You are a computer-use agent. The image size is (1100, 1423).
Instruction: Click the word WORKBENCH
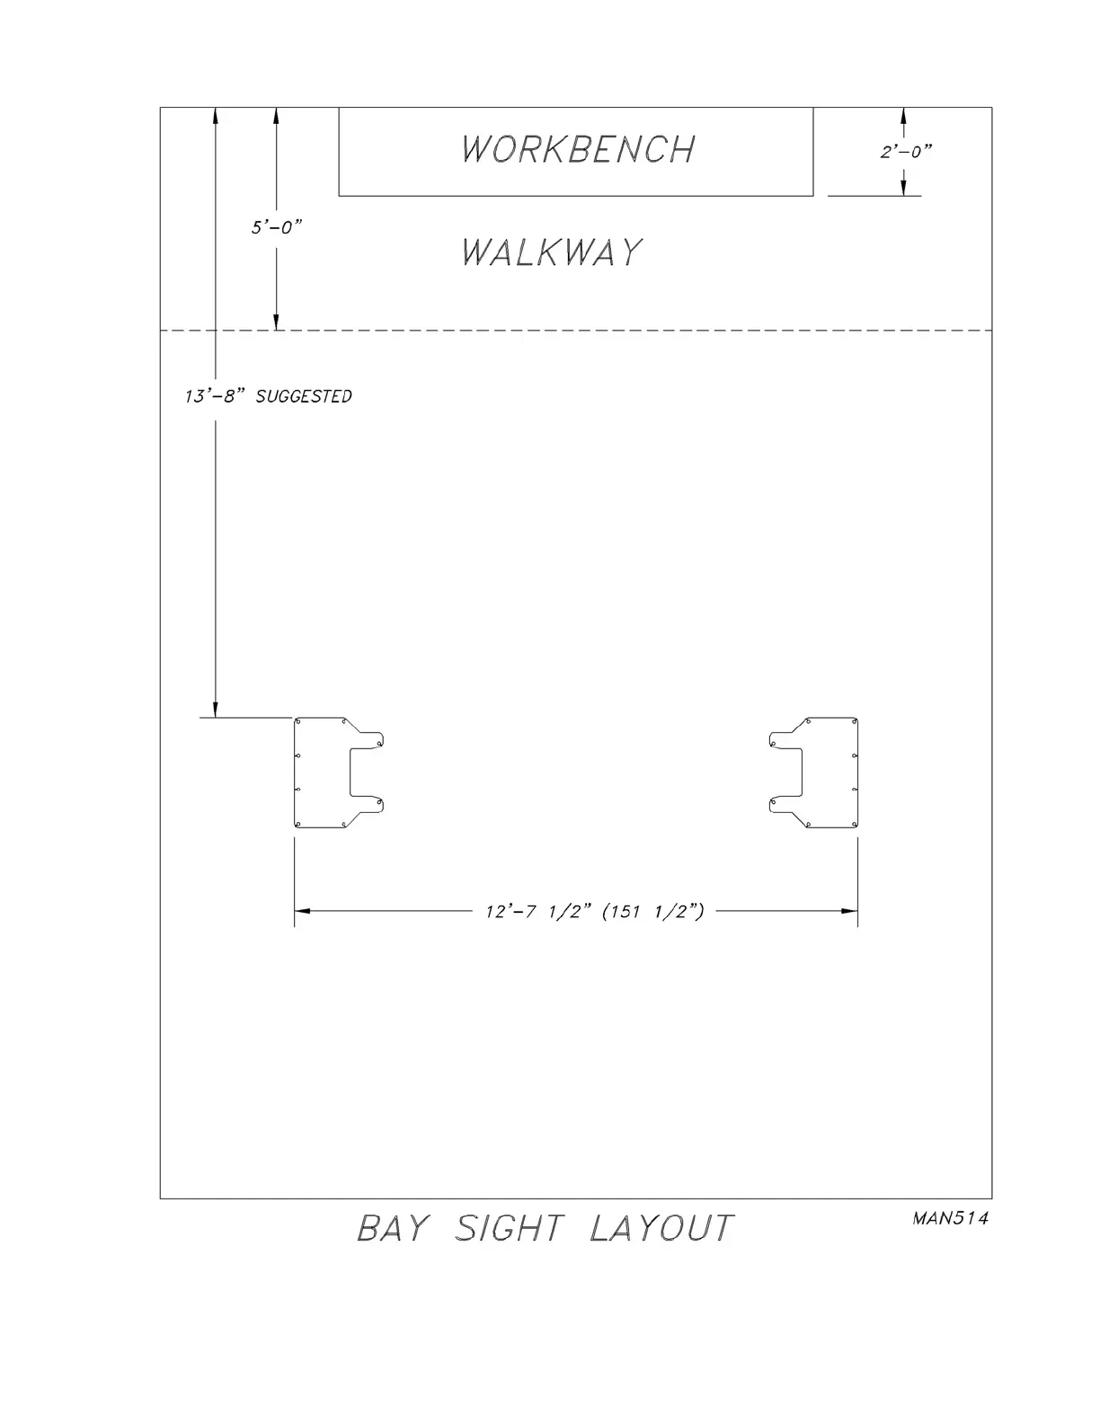tap(578, 149)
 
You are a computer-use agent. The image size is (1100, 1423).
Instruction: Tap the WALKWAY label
tap(552, 252)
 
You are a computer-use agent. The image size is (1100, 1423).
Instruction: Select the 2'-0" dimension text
tap(906, 152)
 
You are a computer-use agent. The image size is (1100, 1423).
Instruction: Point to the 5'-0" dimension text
tap(276, 227)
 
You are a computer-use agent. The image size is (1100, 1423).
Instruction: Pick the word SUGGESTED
tap(304, 396)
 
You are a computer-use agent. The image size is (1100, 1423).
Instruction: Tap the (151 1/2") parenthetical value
tap(652, 911)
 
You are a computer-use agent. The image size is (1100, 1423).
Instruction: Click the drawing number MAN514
tap(950, 1219)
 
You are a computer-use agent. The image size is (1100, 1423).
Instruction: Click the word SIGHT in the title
tap(510, 1228)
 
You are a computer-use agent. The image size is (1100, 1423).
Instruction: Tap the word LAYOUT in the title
tap(661, 1228)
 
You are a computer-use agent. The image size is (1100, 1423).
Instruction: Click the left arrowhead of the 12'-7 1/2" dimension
tap(302, 911)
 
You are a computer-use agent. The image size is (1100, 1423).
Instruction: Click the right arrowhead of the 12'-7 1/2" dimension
tap(850, 911)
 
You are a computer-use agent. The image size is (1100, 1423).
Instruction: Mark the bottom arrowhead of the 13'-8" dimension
tap(216, 710)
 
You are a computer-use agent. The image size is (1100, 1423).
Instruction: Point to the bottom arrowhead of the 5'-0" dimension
tap(276, 323)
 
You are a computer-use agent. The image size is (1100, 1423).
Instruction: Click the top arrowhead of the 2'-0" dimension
tap(903, 116)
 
